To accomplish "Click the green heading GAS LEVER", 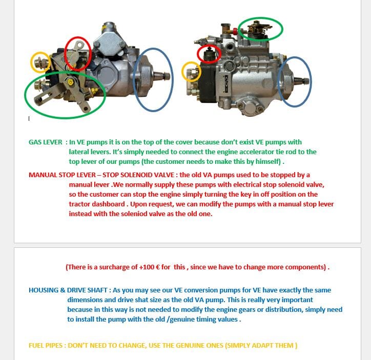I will coord(45,142).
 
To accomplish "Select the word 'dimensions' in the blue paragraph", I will coord(87,300).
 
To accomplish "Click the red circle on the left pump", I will coord(78,53).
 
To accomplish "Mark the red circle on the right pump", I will coord(209,54).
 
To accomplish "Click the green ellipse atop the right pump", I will coord(260,29).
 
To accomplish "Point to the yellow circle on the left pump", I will coord(40,62).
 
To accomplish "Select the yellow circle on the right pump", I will coord(191,72).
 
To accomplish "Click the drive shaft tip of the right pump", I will coord(305,81).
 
